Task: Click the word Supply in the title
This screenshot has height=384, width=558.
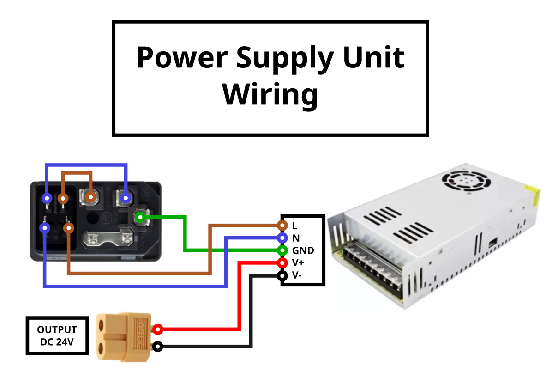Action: pyautogui.click(x=285, y=58)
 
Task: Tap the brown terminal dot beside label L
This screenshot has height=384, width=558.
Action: pyautogui.click(x=282, y=226)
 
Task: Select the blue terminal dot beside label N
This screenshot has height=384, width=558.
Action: pyautogui.click(x=282, y=238)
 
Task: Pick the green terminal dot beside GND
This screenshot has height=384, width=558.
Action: pyautogui.click(x=282, y=250)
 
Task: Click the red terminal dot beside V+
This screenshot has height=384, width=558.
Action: pyautogui.click(x=282, y=263)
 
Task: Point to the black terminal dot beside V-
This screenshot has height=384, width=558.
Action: pyautogui.click(x=282, y=276)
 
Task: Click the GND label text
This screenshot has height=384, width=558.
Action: pyautogui.click(x=303, y=250)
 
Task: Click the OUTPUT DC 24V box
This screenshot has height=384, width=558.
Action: pyautogui.click(x=57, y=336)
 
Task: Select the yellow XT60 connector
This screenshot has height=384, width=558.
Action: pyautogui.click(x=124, y=336)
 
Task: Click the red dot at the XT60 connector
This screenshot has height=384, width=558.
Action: pyautogui.click(x=158, y=329)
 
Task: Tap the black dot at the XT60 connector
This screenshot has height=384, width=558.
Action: pyautogui.click(x=158, y=346)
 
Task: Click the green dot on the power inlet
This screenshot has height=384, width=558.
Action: pyautogui.click(x=141, y=216)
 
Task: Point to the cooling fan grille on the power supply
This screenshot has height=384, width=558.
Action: pyautogui.click(x=466, y=181)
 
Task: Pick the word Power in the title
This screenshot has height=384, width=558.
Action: pyautogui.click(x=182, y=58)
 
